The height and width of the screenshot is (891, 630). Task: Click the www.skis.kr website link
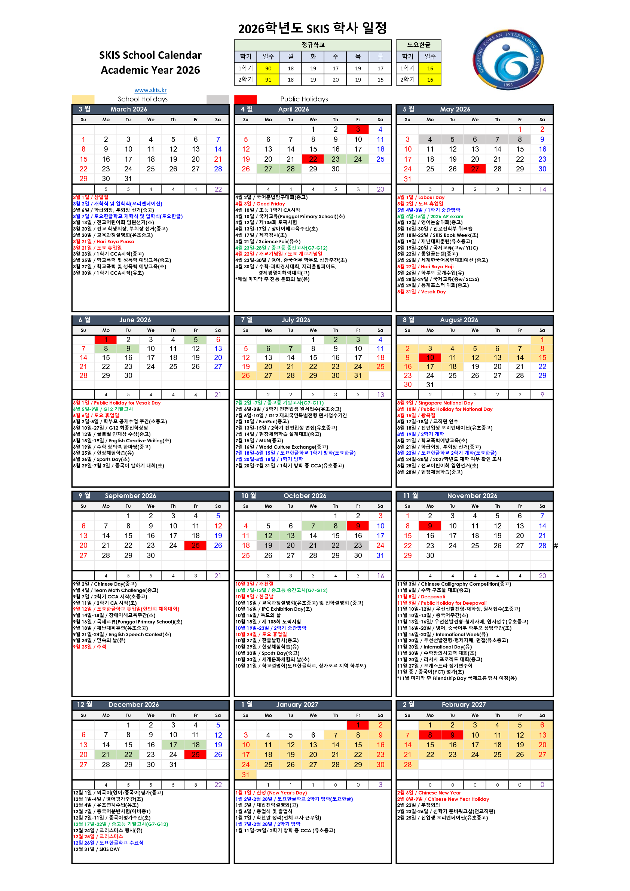click(150, 90)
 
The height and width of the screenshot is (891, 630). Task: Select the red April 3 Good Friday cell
click(358, 129)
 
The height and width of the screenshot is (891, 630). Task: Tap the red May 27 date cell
click(475, 169)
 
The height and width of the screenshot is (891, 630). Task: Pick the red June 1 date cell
click(105, 339)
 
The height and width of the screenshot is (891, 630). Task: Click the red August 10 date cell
click(430, 357)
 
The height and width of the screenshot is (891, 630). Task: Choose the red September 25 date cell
click(196, 545)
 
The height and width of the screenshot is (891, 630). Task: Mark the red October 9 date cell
click(358, 526)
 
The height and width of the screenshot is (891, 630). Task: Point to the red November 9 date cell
click(430, 526)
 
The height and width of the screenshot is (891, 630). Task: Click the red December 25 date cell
click(196, 754)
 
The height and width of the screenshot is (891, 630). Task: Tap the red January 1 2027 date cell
click(358, 725)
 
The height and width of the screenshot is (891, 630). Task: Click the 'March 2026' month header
click(128, 109)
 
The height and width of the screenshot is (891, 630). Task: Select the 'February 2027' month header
click(464, 704)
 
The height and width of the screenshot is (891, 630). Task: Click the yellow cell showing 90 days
click(268, 68)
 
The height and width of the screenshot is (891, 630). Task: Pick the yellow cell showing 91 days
click(268, 80)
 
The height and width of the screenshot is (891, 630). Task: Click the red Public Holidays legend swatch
click(245, 99)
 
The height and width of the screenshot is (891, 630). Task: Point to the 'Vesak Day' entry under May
click(433, 292)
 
